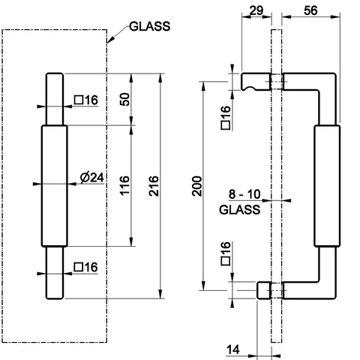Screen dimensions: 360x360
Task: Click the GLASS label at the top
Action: click(149, 26)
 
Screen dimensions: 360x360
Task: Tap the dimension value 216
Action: click(154, 186)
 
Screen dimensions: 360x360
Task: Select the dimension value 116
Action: click(124, 185)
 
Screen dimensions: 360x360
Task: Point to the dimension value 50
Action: click(125, 99)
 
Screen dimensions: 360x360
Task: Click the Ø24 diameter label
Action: click(91, 178)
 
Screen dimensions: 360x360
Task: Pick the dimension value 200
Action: click(197, 186)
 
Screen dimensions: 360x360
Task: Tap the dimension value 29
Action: click(256, 10)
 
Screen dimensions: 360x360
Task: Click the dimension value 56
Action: click(310, 10)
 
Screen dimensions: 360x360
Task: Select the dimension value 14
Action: click(233, 349)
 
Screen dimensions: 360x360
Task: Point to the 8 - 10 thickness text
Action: click(244, 194)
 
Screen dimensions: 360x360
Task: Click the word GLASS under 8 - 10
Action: click(240, 209)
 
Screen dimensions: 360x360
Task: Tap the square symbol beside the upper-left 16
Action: click(79, 100)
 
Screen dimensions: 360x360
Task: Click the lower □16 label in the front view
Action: click(85, 267)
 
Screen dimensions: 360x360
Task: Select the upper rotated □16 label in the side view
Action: click(226, 118)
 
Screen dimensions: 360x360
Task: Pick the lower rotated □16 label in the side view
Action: click(226, 253)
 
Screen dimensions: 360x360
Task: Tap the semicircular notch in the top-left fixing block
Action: click(250, 88)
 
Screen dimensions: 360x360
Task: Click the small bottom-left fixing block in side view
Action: click(264, 290)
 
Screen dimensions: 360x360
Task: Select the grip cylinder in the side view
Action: click(327, 186)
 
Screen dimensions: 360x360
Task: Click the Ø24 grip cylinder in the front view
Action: click(55, 186)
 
